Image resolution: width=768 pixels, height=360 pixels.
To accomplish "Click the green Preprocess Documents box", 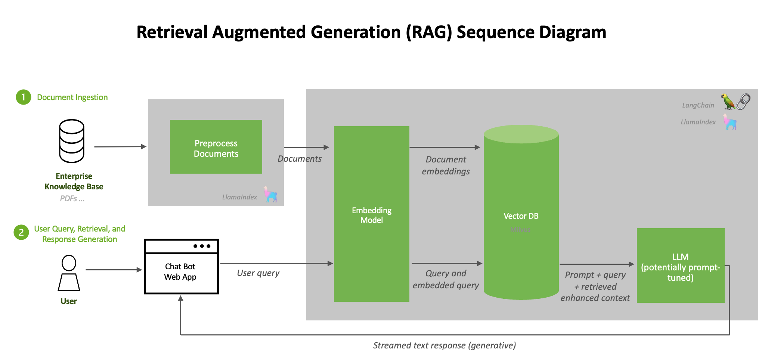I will (216, 147).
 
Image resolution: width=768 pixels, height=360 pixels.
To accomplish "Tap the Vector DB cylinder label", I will (521, 216).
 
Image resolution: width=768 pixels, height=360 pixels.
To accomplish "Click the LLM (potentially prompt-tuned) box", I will (680, 266).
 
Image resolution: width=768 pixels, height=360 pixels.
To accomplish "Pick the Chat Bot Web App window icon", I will (181, 267).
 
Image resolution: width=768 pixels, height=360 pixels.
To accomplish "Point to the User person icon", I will (69, 273).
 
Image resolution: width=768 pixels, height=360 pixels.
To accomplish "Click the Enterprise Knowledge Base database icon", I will (72, 141).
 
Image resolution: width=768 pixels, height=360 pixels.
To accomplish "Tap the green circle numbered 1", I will (23, 97).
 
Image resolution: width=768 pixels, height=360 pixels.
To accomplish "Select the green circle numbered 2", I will (21, 232).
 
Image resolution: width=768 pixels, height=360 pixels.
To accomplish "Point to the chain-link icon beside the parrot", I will (743, 101).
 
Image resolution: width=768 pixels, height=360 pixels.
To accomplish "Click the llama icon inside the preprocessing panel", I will (270, 195).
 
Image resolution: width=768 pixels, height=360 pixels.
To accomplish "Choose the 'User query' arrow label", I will (258, 273).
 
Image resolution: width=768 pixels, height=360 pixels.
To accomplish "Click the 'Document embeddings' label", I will (446, 165).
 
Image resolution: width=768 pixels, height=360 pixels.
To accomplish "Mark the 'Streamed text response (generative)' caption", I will (445, 345).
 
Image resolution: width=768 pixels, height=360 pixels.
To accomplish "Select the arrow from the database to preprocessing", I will (120, 147).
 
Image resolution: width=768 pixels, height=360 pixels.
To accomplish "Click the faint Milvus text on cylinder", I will (520, 229).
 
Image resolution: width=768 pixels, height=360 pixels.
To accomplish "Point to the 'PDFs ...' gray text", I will (72, 199).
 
